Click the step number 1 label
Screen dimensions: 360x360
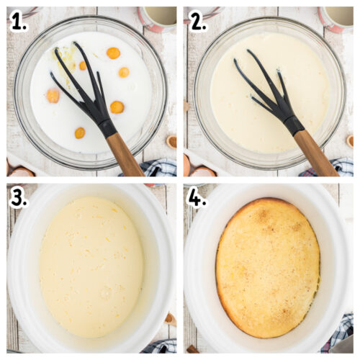tap(18, 22)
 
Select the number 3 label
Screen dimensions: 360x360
tap(18, 198)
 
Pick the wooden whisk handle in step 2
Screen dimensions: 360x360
tap(314, 152)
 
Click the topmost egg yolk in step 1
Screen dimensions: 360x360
tap(113, 53)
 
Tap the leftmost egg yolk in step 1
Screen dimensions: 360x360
tap(53, 95)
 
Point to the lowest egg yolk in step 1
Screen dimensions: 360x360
tap(79, 132)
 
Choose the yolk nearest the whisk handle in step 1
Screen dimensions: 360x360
tap(117, 107)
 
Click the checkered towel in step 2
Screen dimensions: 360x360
tap(335, 168)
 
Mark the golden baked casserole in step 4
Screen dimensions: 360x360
tap(268, 266)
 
